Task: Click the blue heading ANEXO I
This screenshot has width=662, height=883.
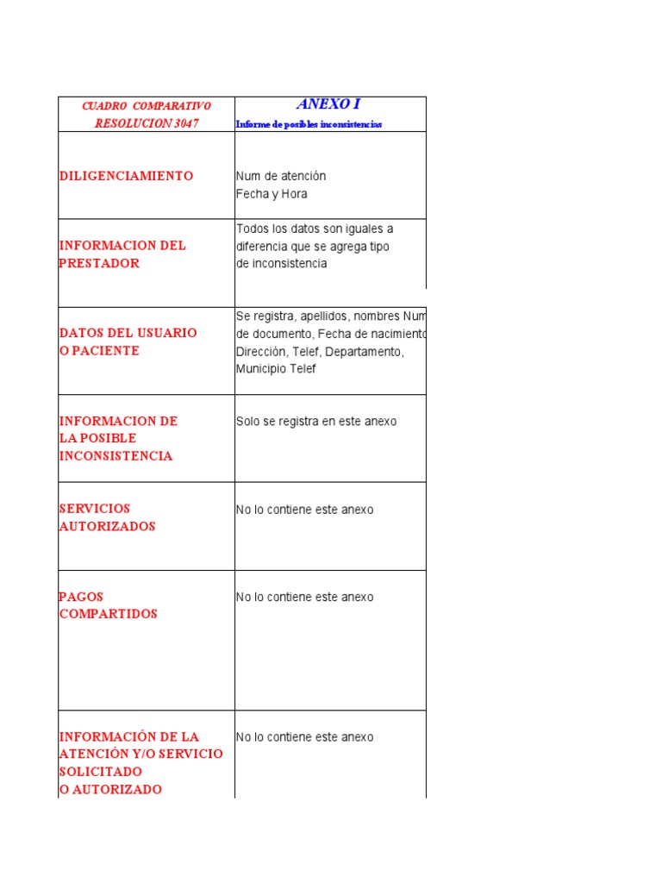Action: point(328,104)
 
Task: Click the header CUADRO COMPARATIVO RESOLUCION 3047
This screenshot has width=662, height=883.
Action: point(146,115)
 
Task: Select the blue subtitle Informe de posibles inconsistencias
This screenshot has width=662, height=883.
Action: point(309,124)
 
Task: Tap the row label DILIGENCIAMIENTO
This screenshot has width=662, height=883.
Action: point(126,176)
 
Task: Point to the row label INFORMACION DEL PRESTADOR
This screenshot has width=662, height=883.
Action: point(122,254)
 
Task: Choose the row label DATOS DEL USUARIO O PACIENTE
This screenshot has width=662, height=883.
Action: point(128,341)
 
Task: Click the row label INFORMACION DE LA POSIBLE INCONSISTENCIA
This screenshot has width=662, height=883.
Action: point(118,438)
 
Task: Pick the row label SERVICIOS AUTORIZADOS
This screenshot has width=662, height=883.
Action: point(107,517)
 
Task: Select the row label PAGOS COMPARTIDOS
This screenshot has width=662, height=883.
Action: point(108,605)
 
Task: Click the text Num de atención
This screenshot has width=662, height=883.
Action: point(281,176)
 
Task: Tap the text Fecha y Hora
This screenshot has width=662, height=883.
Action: point(272,194)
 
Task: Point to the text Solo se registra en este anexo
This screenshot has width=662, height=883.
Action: point(316,422)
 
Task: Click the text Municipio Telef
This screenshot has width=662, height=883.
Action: point(276,369)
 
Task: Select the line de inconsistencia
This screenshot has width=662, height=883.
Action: point(281,264)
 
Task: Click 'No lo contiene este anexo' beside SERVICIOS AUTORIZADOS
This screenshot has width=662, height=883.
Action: point(304,510)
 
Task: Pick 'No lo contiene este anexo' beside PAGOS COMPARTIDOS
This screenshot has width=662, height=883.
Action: point(304,597)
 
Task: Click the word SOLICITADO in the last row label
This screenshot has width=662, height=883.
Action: point(101,772)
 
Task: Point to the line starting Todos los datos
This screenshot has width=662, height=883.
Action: point(315,229)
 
